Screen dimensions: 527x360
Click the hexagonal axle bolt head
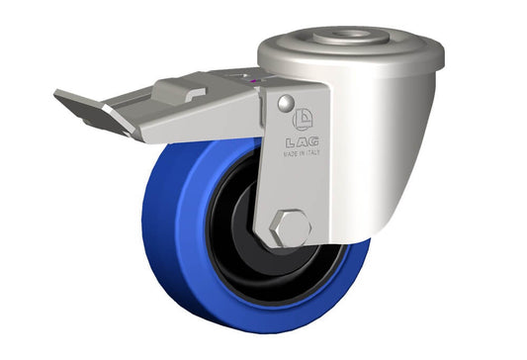(290, 228)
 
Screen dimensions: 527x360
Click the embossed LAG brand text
(303, 142)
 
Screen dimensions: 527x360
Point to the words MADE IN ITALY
(302, 153)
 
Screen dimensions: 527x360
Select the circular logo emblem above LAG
(304, 119)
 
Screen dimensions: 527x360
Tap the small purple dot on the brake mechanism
(254, 80)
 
